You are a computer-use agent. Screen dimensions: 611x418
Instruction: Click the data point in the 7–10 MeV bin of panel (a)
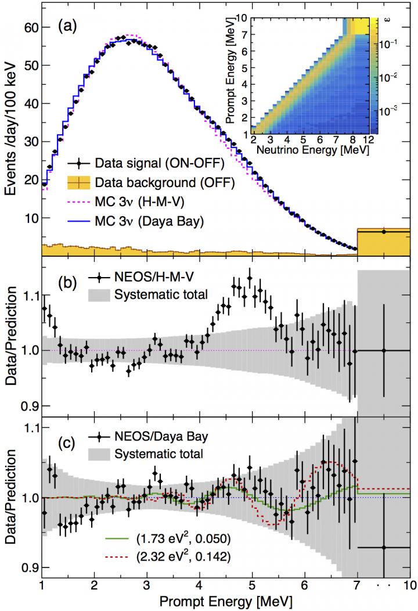click(x=383, y=232)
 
